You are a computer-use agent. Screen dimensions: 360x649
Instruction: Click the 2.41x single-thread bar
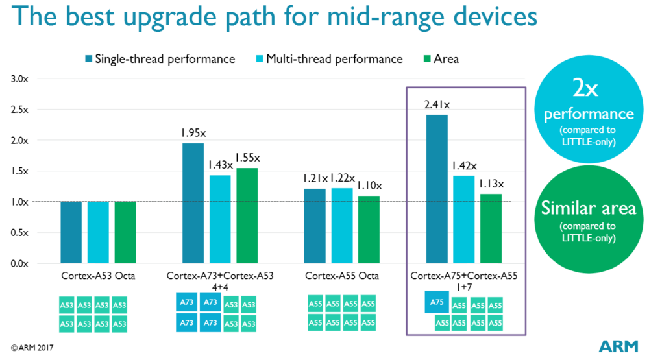click(437, 189)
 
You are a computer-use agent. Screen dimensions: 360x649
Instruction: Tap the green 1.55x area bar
click(247, 215)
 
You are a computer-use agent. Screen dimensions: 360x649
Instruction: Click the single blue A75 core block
click(436, 302)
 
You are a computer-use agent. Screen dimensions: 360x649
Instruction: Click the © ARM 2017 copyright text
click(31, 348)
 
